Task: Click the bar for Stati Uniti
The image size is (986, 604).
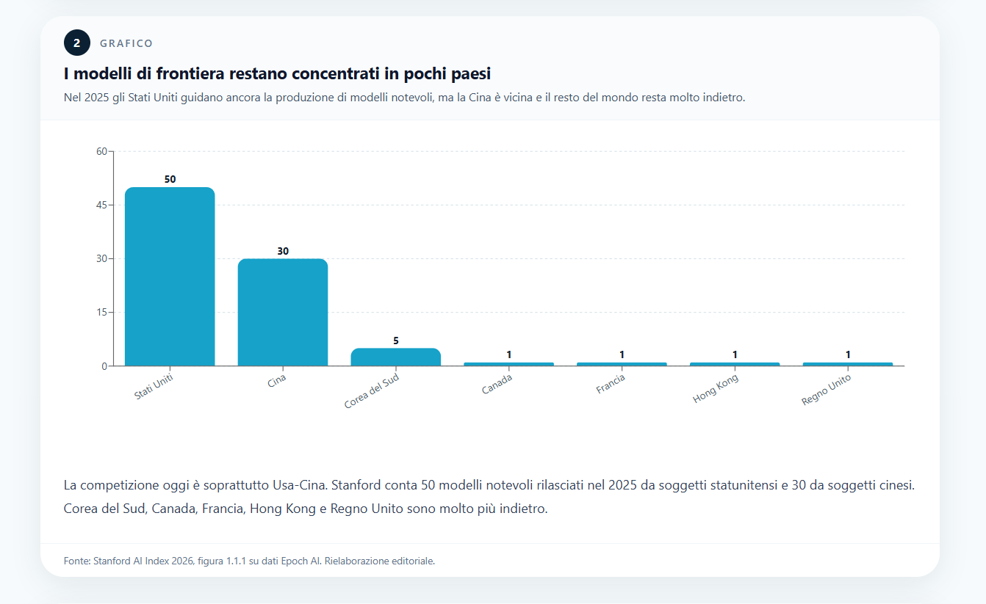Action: pyautogui.click(x=170, y=276)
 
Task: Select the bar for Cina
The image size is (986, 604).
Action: pyautogui.click(x=283, y=312)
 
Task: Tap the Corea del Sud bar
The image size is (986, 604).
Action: pyautogui.click(x=396, y=357)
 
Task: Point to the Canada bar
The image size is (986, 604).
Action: pyautogui.click(x=508, y=363)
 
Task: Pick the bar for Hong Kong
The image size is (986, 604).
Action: pyautogui.click(x=735, y=363)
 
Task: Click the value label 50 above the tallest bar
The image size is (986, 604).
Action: pyautogui.click(x=170, y=179)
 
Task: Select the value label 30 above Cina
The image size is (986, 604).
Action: pyautogui.click(x=283, y=251)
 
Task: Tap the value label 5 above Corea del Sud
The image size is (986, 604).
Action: pyautogui.click(x=396, y=341)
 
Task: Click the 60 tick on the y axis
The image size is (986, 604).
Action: pyautogui.click(x=101, y=151)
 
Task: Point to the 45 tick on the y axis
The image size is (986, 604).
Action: pyautogui.click(x=101, y=205)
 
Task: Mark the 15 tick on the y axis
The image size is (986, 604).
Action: pyautogui.click(x=101, y=312)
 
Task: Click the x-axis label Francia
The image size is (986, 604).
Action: pyautogui.click(x=611, y=384)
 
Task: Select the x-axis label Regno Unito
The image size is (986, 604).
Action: pyautogui.click(x=826, y=390)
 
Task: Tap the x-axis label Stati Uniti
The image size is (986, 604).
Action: pyautogui.click(x=154, y=387)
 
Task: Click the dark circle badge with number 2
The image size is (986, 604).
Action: pyautogui.click(x=76, y=43)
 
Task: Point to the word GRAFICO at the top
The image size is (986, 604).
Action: pyautogui.click(x=126, y=43)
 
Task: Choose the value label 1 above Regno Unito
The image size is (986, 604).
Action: pyautogui.click(x=848, y=354)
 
